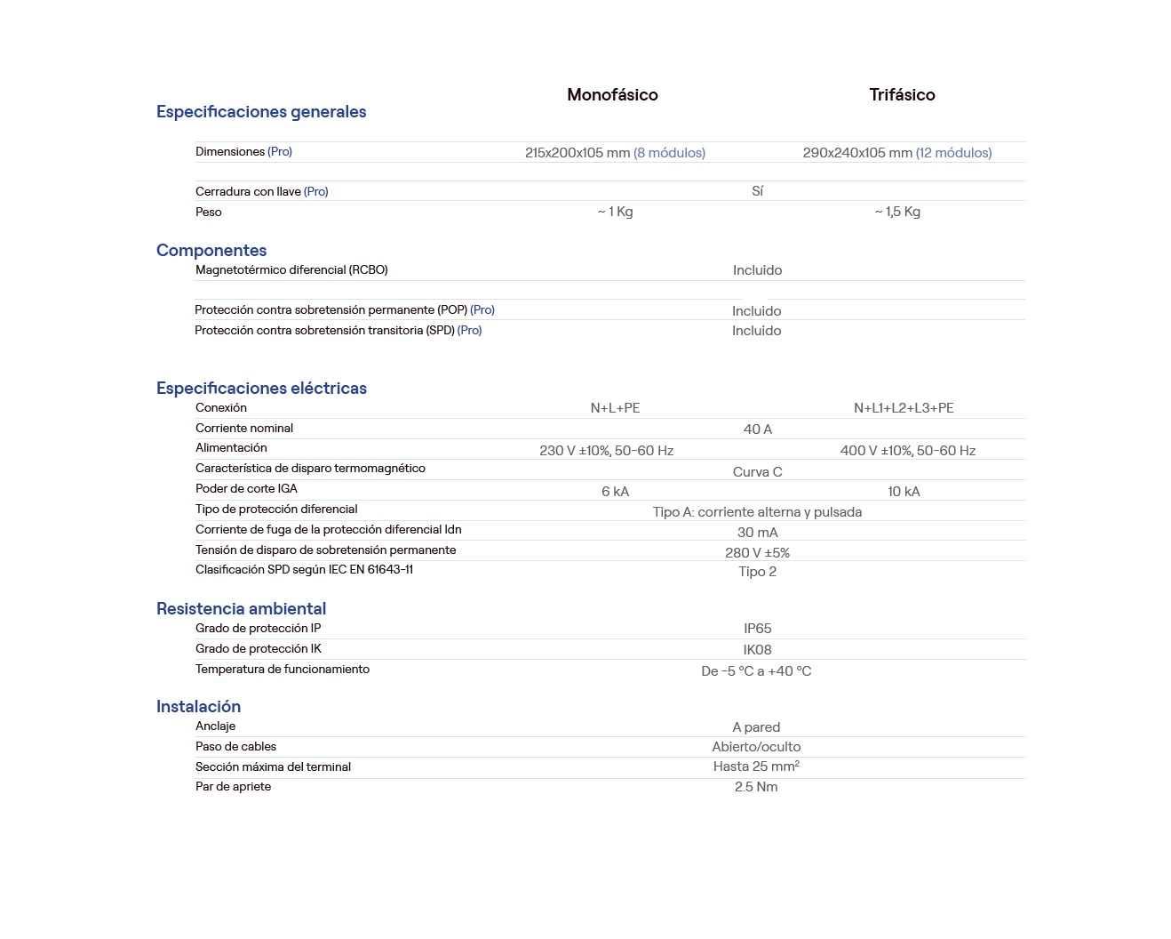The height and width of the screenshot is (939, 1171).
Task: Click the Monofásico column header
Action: [612, 95]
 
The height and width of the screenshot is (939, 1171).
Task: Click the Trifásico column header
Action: [902, 95]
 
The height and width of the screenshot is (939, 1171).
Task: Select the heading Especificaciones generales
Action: [261, 112]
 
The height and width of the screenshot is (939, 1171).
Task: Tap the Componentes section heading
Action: [211, 251]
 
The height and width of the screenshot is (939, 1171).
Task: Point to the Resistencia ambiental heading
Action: [241, 609]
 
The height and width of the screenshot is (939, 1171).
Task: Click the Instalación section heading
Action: [198, 707]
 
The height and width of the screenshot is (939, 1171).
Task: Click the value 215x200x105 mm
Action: [578, 153]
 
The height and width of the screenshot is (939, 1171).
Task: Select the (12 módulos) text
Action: [953, 153]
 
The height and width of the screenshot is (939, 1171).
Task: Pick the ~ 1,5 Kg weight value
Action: [897, 212]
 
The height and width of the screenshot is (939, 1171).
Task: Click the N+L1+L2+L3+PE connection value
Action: [904, 408]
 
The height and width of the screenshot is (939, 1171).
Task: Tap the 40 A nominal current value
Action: [757, 429]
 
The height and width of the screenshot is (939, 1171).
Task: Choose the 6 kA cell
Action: [615, 492]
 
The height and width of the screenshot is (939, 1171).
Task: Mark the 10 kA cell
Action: [904, 492]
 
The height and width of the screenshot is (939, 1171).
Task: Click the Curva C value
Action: [757, 472]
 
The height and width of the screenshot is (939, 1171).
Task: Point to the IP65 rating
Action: [757, 629]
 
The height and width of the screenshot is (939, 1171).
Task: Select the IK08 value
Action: [757, 650]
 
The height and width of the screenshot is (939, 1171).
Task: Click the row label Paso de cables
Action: [235, 747]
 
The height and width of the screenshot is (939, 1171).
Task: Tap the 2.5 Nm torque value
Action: [756, 787]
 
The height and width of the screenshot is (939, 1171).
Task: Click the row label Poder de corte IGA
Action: [246, 489]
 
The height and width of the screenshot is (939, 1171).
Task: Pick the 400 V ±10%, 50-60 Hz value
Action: [907, 451]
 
